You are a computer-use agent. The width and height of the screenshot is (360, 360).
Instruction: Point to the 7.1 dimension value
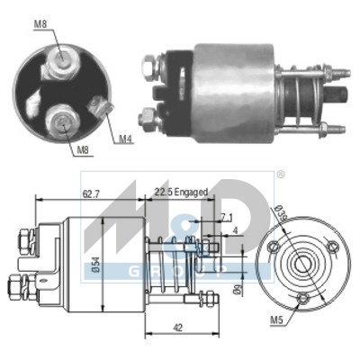click(x=226, y=218)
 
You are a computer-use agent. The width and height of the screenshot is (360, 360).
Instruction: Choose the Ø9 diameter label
click(x=237, y=290)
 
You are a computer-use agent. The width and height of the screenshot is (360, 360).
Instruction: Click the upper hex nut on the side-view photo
click(x=148, y=65)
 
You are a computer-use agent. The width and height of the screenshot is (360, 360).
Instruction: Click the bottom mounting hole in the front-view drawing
click(x=303, y=298)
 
